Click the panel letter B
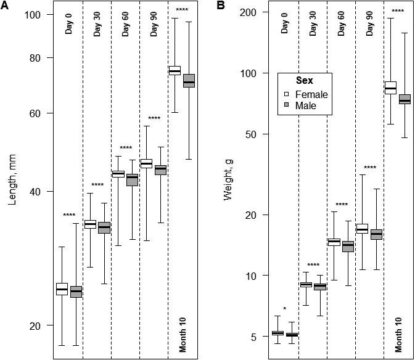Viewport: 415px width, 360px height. tap(221, 6)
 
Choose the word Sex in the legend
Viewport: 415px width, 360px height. tap(304, 81)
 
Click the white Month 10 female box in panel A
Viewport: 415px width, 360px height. tap(175, 70)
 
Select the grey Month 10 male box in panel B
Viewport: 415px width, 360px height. tap(405, 99)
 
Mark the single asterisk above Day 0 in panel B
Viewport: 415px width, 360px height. tap(284, 309)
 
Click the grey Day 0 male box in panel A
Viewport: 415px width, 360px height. tap(76, 292)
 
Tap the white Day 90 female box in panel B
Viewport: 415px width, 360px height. tap(361, 229)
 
